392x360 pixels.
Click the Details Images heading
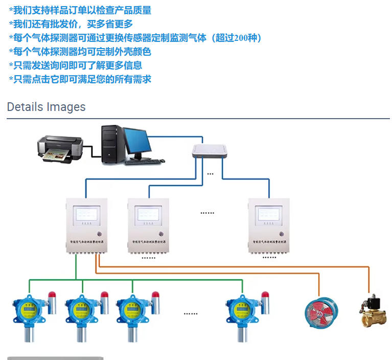[x=46, y=107]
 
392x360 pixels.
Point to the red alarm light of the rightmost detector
[x=265, y=295]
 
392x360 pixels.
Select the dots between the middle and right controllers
[x=207, y=212]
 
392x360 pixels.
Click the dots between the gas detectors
[x=191, y=313]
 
